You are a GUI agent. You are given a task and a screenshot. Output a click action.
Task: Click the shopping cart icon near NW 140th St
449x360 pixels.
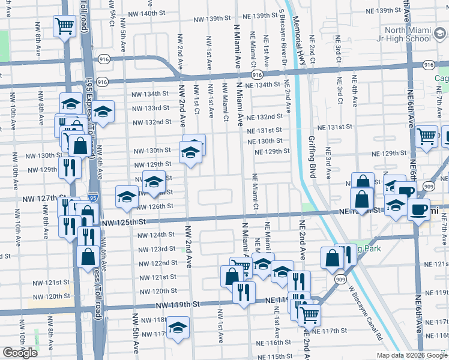(64, 26)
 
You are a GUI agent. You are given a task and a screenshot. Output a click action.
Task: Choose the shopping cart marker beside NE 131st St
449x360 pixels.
(426, 136)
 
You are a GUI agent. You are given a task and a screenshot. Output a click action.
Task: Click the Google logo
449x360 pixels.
(20, 353)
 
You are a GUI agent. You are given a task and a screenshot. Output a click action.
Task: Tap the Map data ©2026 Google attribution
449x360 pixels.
(411, 355)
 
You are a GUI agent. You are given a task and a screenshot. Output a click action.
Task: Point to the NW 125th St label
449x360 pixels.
(125, 223)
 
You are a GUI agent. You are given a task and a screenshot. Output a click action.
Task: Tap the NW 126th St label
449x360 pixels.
(155, 206)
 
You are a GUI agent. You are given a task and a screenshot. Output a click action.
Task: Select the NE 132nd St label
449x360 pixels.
(265, 116)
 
